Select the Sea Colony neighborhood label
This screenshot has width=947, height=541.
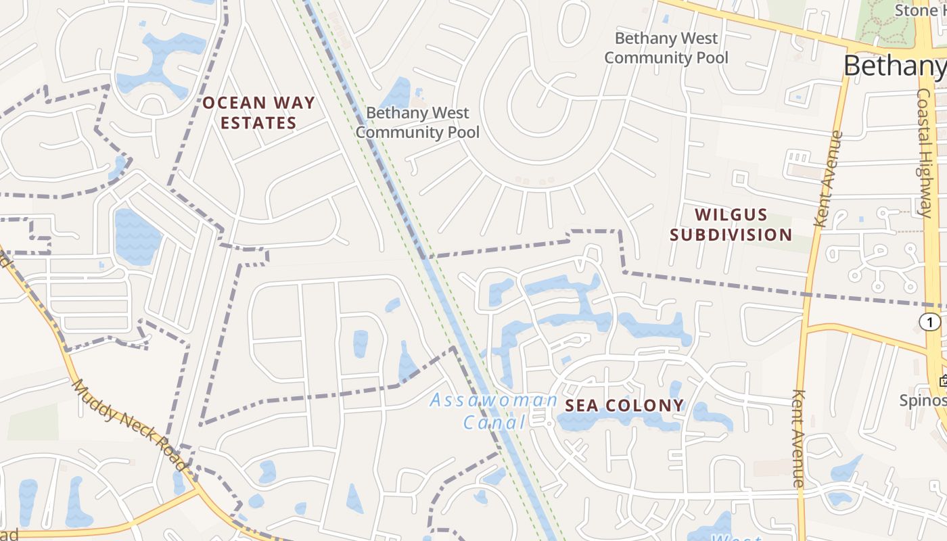click(624, 406)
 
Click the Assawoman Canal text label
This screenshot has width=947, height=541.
click(494, 411)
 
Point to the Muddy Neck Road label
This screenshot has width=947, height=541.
click(129, 425)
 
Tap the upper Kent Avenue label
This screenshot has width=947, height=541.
click(829, 179)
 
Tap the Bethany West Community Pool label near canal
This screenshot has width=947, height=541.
click(417, 122)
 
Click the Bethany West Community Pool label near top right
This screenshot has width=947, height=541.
click(666, 48)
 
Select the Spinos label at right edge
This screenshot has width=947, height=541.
click(921, 400)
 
